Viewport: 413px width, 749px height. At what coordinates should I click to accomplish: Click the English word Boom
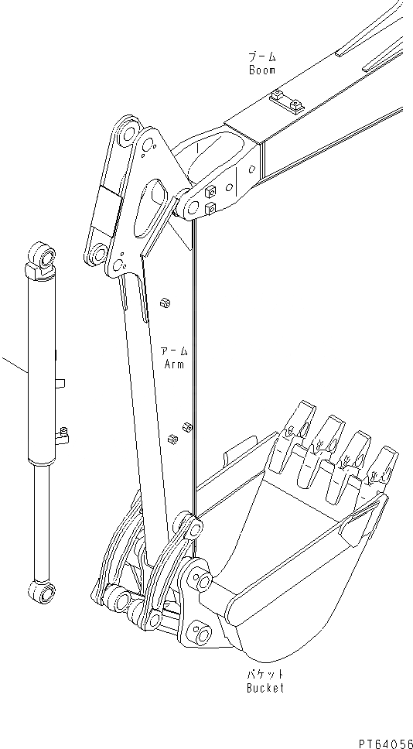click(x=262, y=70)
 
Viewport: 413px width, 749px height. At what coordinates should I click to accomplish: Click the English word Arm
click(x=174, y=364)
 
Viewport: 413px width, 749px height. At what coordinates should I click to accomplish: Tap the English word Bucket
click(x=265, y=688)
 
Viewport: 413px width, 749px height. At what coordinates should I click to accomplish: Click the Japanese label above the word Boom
click(x=262, y=57)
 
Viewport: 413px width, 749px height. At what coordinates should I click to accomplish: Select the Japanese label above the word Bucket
click(x=265, y=675)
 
